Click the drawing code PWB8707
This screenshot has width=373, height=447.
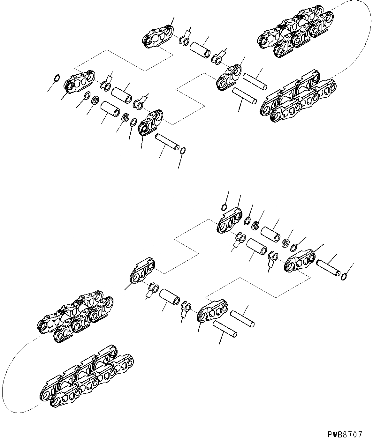pos(345,435)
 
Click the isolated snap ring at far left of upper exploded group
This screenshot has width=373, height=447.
pos(56,78)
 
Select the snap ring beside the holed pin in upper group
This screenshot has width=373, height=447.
pos(183,150)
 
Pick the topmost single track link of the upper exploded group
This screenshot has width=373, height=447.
pos(158,38)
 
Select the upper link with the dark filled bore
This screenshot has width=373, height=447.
pos(150,123)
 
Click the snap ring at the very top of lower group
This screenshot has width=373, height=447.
pos(224,208)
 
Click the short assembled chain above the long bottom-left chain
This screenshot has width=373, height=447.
pos(75,317)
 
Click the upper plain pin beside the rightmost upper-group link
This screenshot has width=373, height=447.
pos(255,81)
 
